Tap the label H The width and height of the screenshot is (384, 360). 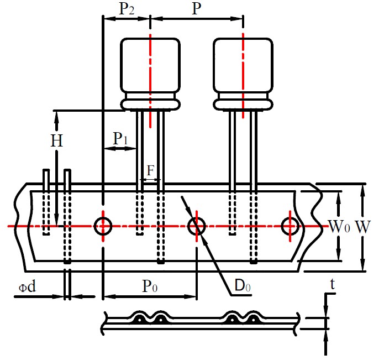coord(57,141)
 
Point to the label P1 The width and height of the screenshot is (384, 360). coord(120,139)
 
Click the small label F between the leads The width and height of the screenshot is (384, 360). coord(150,170)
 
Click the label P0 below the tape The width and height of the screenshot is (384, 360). coord(150,286)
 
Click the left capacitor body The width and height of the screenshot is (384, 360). coord(150,65)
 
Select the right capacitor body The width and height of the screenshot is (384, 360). coord(243,65)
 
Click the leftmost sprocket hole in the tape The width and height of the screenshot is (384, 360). coord(103,226)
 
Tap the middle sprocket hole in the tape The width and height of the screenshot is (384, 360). coord(197,226)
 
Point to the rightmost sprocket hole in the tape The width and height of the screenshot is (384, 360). coord(290,226)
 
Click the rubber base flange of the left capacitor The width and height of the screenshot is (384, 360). coord(150,103)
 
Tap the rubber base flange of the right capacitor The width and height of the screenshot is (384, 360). coord(243,103)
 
